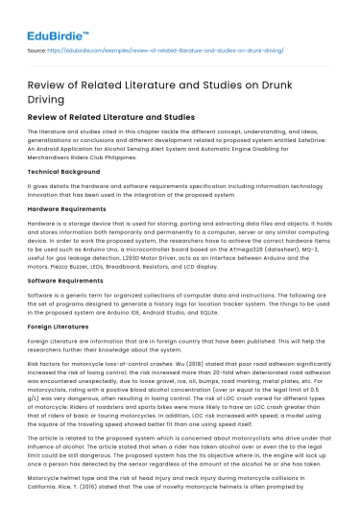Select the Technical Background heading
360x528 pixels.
click(x=64, y=170)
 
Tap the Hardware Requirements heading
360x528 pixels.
click(x=68, y=208)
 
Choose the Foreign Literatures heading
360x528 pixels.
click(x=60, y=326)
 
